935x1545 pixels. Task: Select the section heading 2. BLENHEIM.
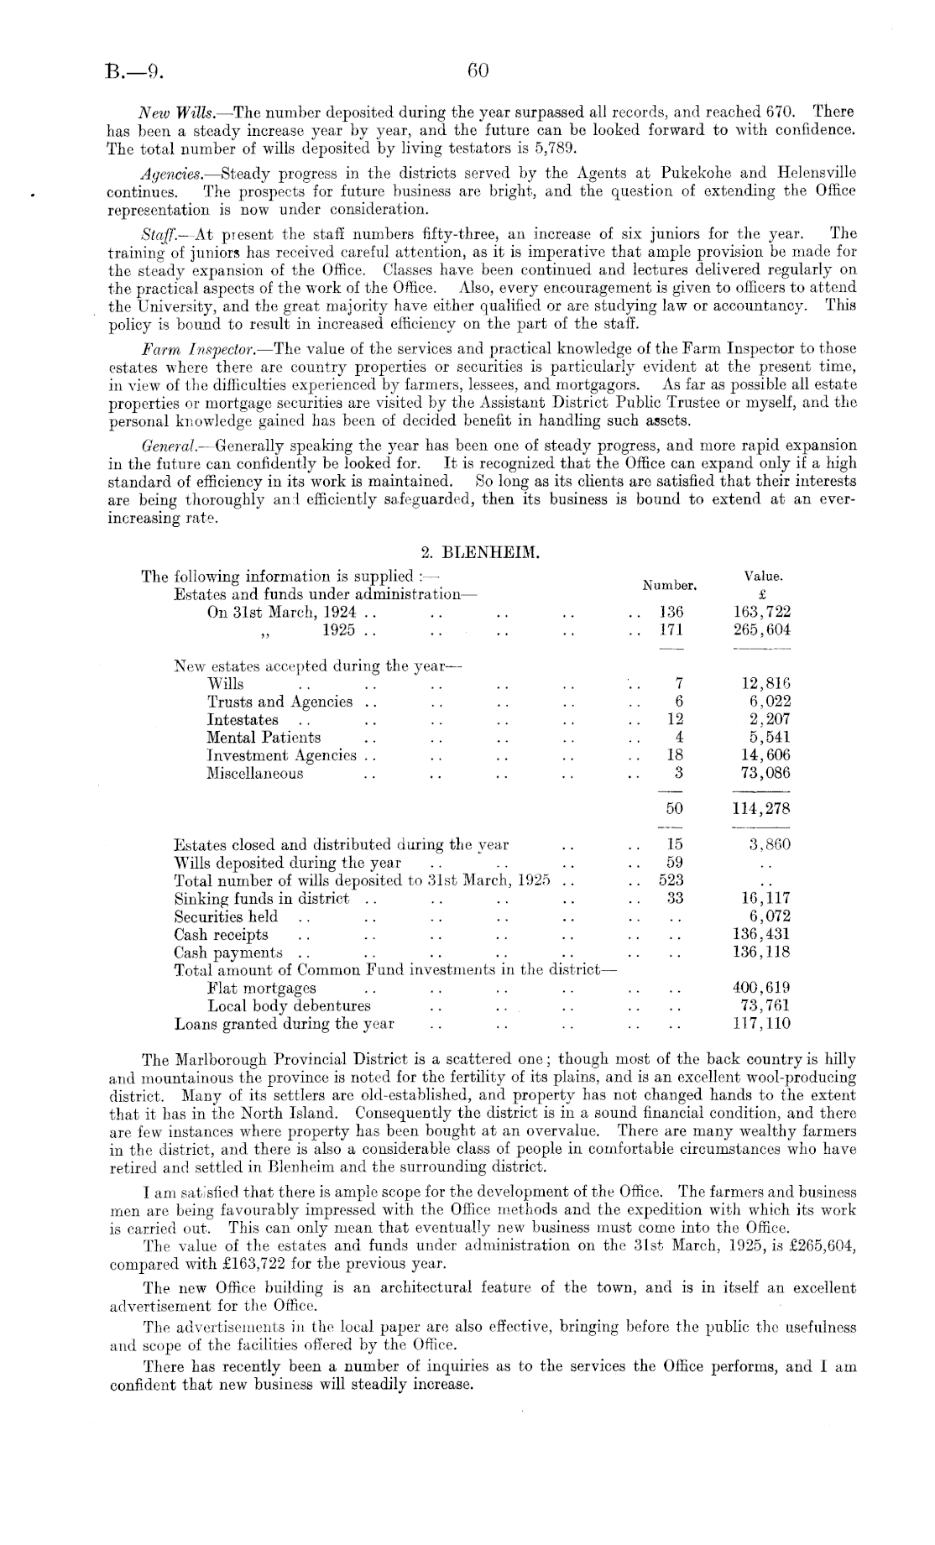pyautogui.click(x=478, y=553)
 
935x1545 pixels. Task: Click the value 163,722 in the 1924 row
pyautogui.click(x=761, y=612)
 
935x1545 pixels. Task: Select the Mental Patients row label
pyautogui.click(x=264, y=738)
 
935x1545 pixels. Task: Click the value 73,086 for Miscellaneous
pyautogui.click(x=762, y=774)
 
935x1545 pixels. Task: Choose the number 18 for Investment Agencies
pyautogui.click(x=674, y=755)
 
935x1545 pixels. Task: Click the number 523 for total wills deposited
pyautogui.click(x=671, y=880)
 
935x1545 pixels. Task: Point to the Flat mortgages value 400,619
pyautogui.click(x=761, y=988)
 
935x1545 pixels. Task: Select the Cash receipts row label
pyautogui.click(x=221, y=934)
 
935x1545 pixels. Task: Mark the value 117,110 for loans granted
pyautogui.click(x=761, y=1024)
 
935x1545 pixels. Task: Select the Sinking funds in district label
pyautogui.click(x=261, y=899)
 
